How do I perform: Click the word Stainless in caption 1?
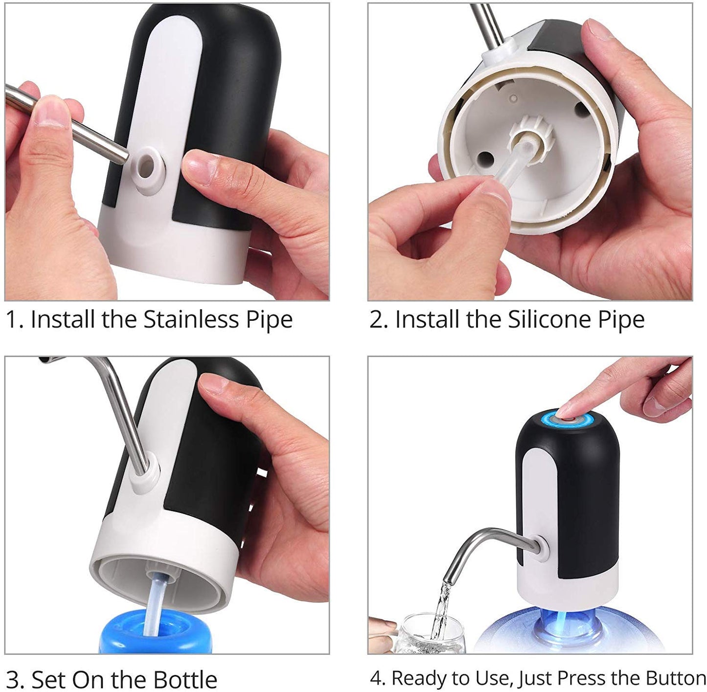click(x=190, y=320)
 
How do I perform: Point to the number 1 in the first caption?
click(x=11, y=320)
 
